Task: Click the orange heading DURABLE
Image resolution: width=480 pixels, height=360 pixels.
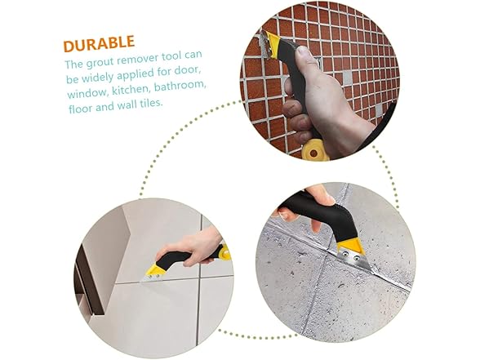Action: coord(99,43)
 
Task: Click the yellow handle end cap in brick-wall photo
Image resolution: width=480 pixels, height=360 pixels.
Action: coord(315,150)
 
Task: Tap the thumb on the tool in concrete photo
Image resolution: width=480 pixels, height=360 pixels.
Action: coord(320,196)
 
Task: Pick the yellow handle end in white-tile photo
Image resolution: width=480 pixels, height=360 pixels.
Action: coord(224,252)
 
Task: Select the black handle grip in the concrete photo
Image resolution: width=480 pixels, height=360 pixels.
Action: coord(322,210)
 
